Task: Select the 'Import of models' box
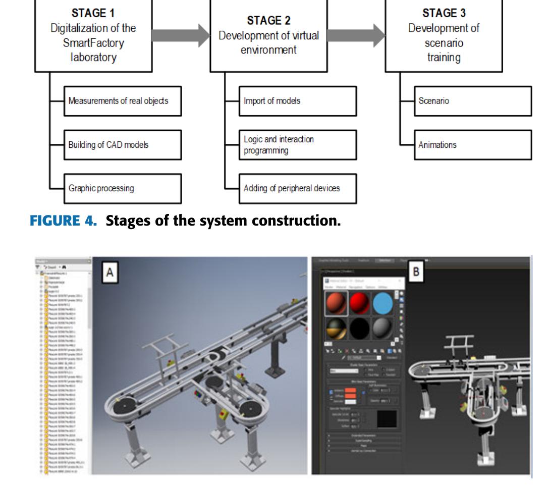point(297,101)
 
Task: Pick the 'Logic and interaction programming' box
point(297,145)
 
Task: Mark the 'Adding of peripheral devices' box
point(297,188)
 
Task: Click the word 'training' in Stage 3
point(444,58)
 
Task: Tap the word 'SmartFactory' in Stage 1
point(93,43)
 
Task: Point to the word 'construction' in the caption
point(299,220)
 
